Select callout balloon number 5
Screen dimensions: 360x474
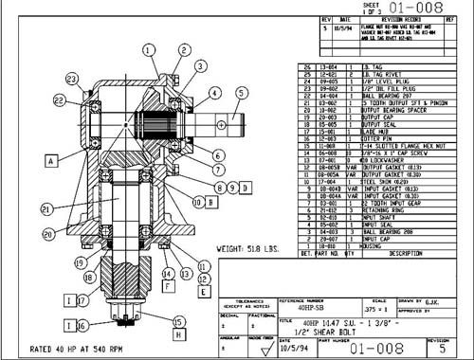[241, 92]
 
